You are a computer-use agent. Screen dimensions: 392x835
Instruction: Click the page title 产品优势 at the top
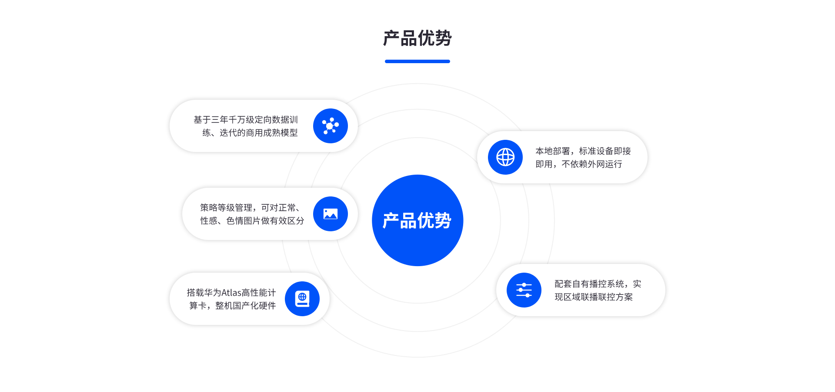(417, 38)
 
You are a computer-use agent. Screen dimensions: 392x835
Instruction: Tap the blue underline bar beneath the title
(417, 61)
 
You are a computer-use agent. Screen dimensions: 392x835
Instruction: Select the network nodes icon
(331, 126)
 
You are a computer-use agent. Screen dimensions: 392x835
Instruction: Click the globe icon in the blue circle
(505, 157)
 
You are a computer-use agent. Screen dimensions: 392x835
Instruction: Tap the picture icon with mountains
(331, 214)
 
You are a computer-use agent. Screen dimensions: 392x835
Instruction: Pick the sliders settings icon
(524, 290)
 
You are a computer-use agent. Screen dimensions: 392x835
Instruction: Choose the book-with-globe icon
(302, 299)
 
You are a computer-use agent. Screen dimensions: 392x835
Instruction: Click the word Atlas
(231, 293)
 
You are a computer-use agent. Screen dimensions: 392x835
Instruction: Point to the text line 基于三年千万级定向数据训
(246, 120)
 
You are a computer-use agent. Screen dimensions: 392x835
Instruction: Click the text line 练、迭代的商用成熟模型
(250, 133)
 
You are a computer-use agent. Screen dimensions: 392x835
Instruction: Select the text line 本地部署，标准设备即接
(583, 151)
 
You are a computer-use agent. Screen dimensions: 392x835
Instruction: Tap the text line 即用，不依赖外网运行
(579, 164)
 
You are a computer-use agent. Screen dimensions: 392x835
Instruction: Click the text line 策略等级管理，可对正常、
(250, 208)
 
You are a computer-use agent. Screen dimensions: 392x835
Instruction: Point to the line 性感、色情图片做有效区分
(252, 221)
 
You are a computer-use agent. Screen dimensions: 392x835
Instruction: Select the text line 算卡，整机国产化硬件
(233, 306)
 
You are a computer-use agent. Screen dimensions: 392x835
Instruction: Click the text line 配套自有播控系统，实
(598, 284)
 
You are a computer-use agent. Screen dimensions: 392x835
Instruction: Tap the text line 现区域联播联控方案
(594, 297)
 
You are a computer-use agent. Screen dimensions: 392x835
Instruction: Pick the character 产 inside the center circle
(391, 221)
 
